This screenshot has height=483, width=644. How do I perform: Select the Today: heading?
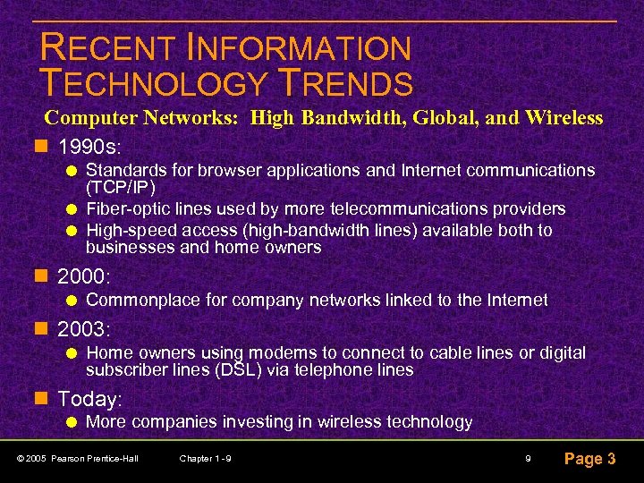[89, 399]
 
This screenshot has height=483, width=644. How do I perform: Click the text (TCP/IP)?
[121, 188]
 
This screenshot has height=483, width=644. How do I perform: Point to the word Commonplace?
[144, 301]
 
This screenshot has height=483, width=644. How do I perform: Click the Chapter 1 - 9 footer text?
[206, 459]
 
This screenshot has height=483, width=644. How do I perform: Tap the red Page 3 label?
[589, 459]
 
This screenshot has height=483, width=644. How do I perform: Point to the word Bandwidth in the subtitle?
[341, 118]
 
